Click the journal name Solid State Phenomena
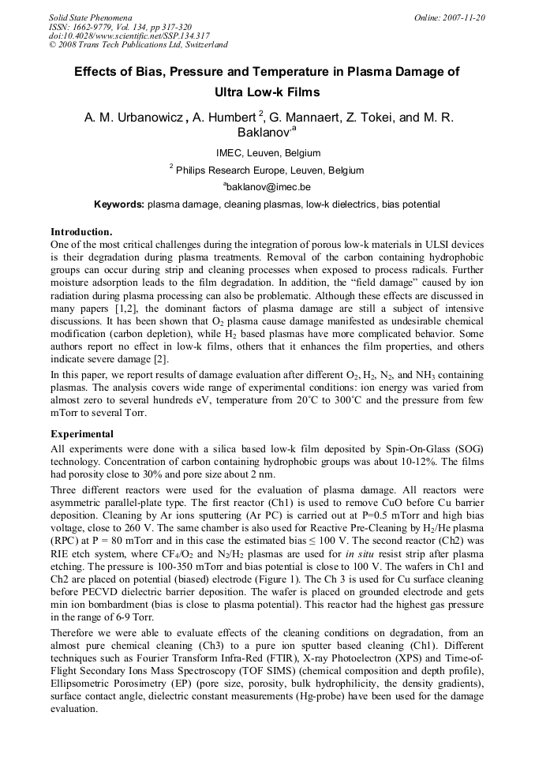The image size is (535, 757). pyautogui.click(x=90, y=17)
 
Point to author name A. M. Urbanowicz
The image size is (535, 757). pyautogui.click(x=133, y=118)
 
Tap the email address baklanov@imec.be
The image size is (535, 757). pyautogui.click(x=267, y=187)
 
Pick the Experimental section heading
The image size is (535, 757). pyautogui.click(x=82, y=434)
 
